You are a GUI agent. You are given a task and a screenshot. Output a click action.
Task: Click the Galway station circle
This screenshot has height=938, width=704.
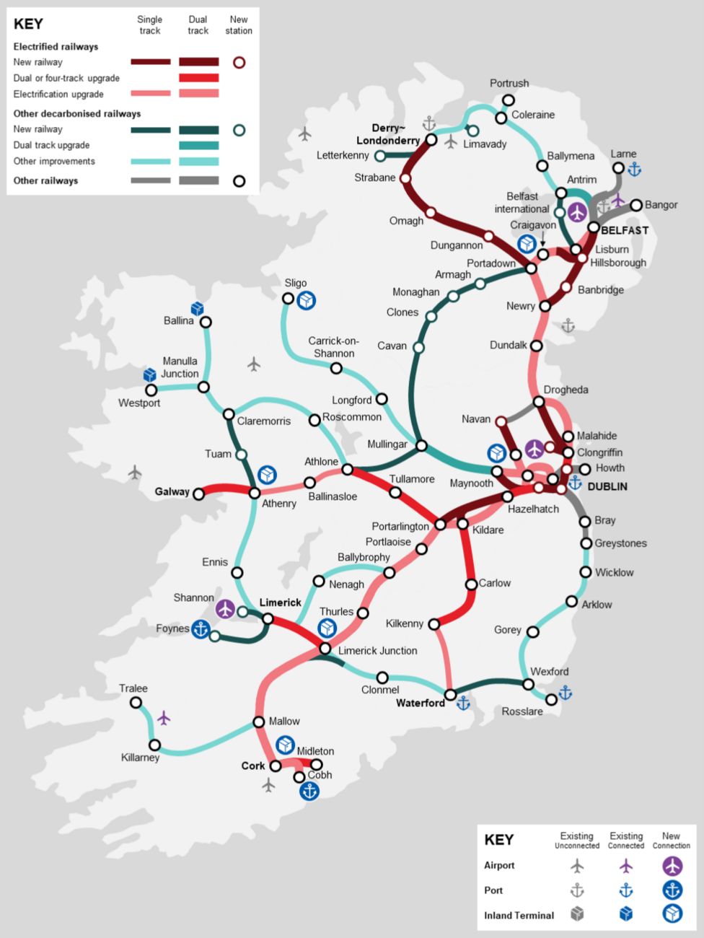tap(199, 494)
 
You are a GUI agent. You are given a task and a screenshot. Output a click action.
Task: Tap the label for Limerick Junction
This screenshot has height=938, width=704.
tap(377, 650)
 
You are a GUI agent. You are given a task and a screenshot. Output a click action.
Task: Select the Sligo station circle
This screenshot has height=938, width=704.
tap(288, 298)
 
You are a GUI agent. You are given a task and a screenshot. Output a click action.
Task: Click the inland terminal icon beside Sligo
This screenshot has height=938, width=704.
tap(307, 299)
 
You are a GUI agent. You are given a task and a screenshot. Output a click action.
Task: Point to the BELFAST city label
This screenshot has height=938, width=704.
tap(625, 230)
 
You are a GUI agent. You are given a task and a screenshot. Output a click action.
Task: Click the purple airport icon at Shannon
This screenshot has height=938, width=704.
tap(226, 609)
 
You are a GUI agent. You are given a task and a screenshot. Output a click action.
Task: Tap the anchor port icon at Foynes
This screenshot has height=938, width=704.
tap(201, 629)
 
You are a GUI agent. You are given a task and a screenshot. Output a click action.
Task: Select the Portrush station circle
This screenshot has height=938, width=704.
tap(509, 100)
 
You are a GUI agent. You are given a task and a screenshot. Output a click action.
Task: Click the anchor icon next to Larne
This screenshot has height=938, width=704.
tap(635, 170)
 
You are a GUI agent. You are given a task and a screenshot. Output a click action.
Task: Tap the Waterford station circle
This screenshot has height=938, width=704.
tap(450, 695)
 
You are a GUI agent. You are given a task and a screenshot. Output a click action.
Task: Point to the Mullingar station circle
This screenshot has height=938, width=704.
tap(421, 446)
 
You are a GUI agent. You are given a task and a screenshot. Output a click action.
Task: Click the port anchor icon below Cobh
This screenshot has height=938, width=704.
tap(309, 791)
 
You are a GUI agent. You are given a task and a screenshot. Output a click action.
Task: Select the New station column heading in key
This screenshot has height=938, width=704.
tap(239, 25)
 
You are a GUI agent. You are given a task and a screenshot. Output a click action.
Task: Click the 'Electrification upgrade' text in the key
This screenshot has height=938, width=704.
tap(58, 95)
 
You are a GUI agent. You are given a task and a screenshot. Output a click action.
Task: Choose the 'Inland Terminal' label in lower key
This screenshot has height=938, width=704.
tap(519, 915)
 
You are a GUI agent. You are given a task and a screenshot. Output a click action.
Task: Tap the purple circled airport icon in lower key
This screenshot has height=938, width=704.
tap(672, 866)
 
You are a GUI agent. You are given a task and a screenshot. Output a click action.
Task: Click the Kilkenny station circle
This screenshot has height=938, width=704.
tap(434, 623)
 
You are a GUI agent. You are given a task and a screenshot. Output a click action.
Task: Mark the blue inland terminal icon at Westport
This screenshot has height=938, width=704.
tap(149, 374)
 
